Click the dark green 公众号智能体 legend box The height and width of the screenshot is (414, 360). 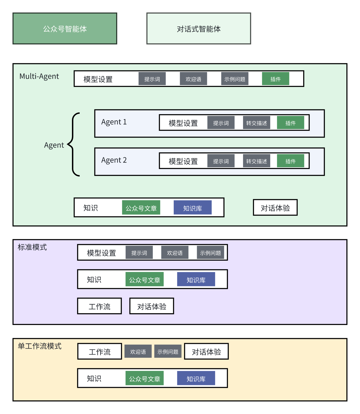65,29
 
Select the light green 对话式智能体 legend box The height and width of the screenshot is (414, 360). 199,29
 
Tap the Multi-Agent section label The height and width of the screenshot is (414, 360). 39,76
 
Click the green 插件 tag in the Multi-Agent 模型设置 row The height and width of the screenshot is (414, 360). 275,79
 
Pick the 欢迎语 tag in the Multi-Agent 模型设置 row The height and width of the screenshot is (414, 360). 193,79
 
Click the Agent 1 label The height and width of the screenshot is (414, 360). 114,122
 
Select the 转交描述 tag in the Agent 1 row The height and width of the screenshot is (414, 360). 256,123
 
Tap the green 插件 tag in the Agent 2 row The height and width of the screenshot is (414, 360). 290,161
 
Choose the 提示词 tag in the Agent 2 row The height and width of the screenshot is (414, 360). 221,161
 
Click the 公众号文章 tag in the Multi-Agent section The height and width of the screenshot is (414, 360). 141,208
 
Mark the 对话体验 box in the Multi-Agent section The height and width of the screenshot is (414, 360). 275,208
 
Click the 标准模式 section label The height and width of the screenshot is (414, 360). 32,247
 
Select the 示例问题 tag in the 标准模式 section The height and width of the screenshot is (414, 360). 210,253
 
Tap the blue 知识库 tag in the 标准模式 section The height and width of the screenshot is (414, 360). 196,279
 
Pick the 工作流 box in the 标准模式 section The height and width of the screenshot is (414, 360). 99,306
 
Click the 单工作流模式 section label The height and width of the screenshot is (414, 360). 40,346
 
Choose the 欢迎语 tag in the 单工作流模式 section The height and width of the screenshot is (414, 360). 138,351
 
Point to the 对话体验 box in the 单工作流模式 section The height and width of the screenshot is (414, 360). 206,351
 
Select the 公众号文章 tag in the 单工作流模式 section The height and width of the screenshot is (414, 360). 144,378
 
